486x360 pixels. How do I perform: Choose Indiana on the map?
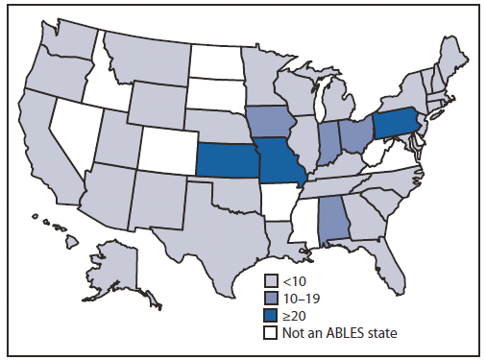(328, 142)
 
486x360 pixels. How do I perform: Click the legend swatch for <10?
(272, 280)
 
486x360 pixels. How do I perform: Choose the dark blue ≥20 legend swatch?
(272, 314)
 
